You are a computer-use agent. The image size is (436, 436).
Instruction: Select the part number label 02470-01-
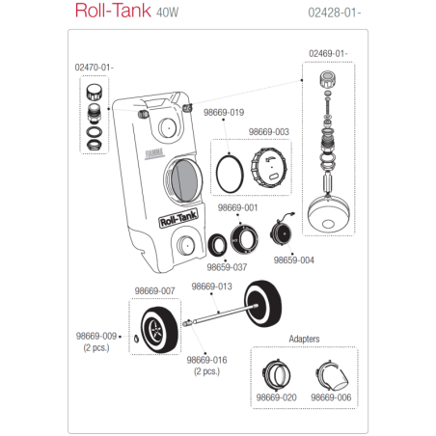point(94,68)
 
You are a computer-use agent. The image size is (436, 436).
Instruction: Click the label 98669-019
point(223,113)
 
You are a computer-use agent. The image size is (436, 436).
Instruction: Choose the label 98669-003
point(268,131)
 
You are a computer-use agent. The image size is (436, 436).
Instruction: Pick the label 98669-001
point(236,207)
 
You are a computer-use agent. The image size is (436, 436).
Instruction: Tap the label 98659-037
point(229,267)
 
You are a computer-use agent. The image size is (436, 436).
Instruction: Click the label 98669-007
point(153,290)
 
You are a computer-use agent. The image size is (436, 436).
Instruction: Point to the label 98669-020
point(276,396)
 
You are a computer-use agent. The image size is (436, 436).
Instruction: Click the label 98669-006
point(331,396)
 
